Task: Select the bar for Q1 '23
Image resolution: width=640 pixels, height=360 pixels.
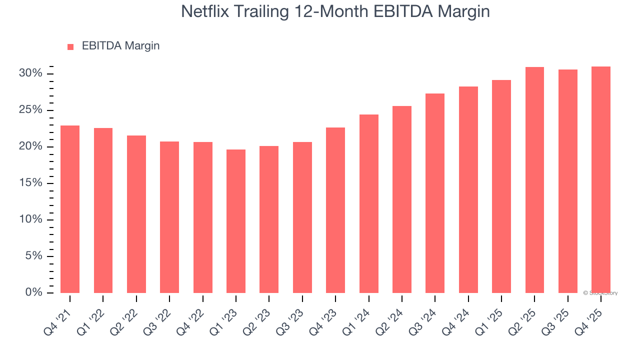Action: point(236,221)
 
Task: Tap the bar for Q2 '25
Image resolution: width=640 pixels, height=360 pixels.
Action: point(534,180)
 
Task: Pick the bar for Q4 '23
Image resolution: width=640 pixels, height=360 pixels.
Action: point(335,210)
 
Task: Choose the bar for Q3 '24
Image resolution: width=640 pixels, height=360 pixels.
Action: point(435,193)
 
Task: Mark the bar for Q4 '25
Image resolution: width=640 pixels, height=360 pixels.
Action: point(601,179)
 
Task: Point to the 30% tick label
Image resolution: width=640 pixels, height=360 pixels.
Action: point(31,73)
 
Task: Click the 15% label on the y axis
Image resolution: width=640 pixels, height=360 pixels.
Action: point(31,183)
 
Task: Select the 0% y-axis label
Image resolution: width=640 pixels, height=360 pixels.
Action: point(34,292)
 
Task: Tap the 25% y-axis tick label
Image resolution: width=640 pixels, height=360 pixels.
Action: point(31,110)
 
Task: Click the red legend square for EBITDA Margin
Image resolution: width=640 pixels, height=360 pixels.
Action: point(70,46)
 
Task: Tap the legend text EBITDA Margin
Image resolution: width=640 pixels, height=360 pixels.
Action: point(120,46)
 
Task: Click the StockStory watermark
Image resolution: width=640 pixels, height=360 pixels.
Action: point(600,293)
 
